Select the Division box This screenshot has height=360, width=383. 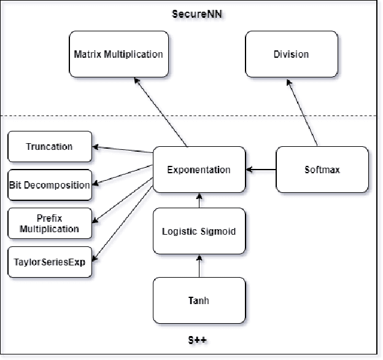[x=292, y=54]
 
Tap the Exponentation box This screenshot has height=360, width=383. [x=199, y=170]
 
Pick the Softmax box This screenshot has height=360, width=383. [x=322, y=170]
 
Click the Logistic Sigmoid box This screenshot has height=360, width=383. [x=199, y=232]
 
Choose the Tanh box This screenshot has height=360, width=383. [x=199, y=300]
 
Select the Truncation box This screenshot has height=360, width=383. [x=50, y=147]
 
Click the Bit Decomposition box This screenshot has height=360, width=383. [x=50, y=185]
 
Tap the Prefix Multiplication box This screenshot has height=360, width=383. [x=50, y=224]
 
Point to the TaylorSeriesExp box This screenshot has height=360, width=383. [x=50, y=262]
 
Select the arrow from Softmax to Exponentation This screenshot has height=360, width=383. [x=261, y=170]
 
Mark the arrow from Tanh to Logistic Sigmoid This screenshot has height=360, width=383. [x=199, y=266]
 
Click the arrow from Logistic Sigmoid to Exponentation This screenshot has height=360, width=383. [x=199, y=200]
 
